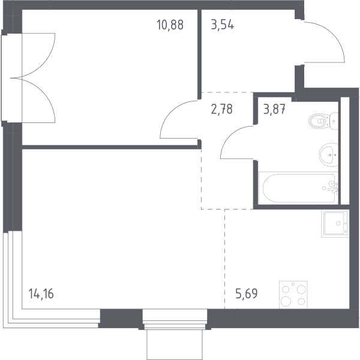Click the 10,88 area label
tap(170, 25)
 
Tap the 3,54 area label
tap(223, 25)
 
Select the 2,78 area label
tap(221, 109)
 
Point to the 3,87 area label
tap(274, 109)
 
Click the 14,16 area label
tap(41, 293)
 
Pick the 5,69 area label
tap(247, 293)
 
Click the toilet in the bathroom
tap(323, 121)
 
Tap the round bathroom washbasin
tap(329, 155)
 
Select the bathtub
tap(298, 188)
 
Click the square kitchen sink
tap(335, 223)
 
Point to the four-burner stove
tap(293, 295)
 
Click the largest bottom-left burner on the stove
tap(286, 301)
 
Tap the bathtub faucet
tap(333, 187)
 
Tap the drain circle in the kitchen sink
tap(338, 223)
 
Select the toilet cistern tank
tap(334, 121)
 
